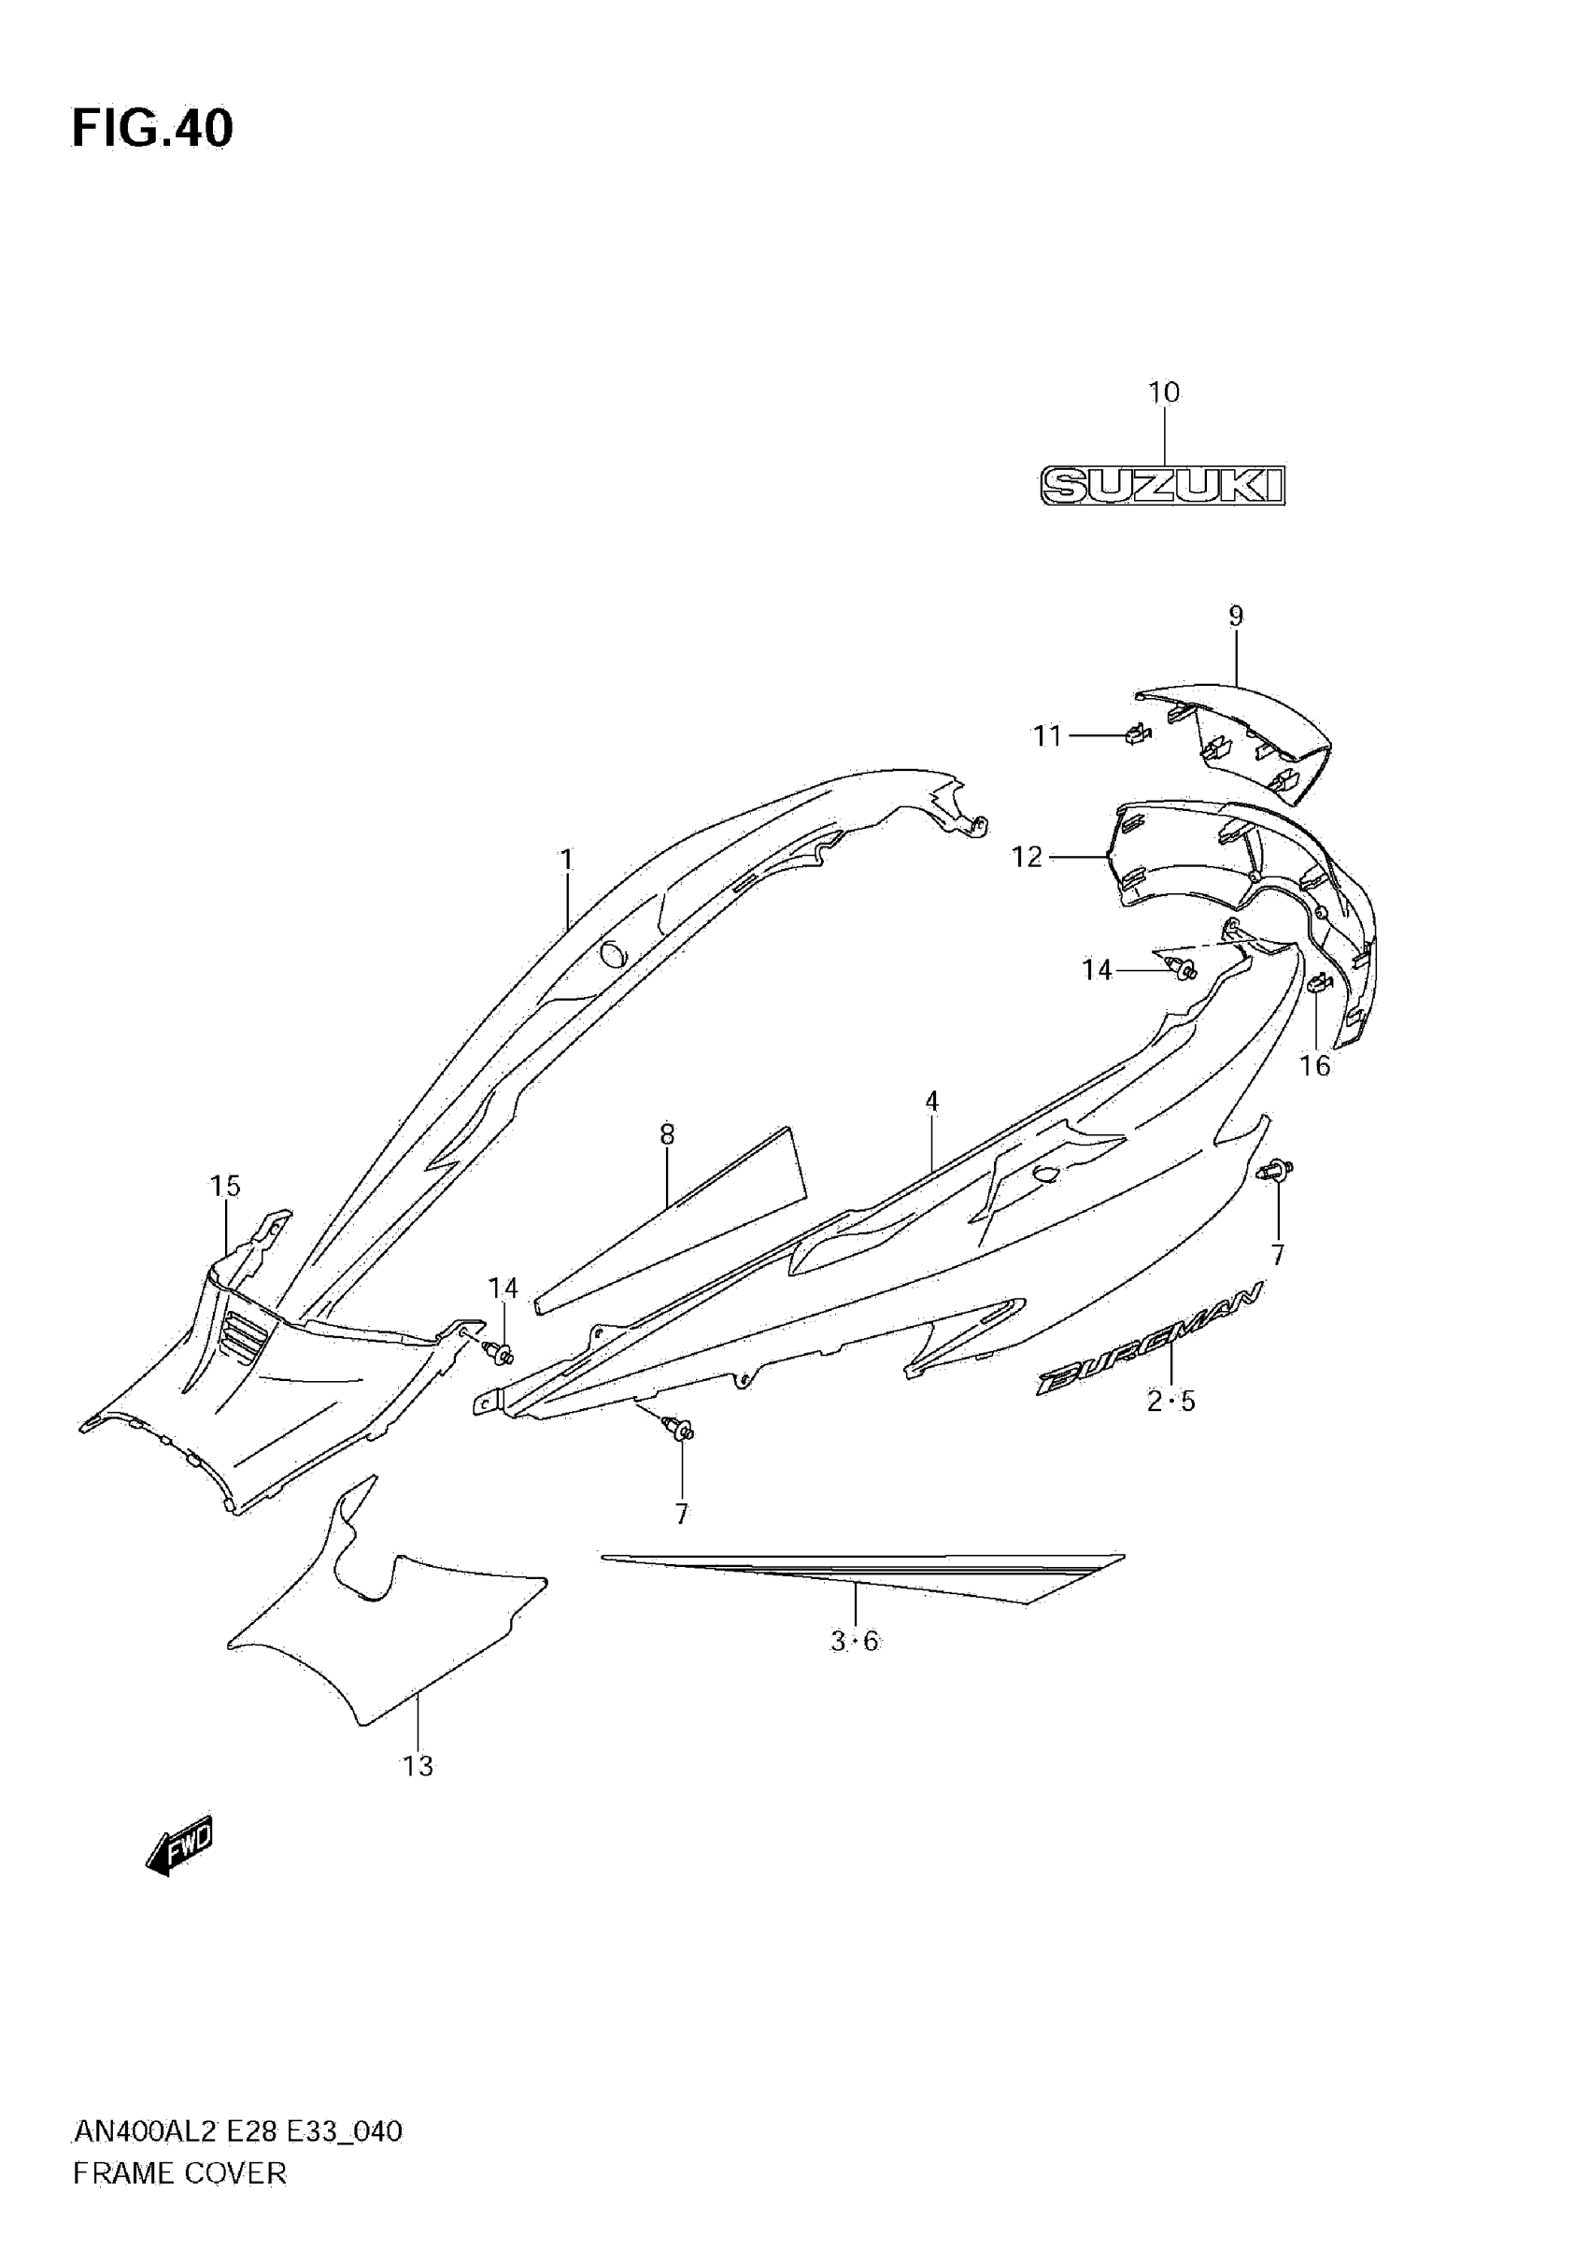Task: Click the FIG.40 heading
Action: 152,128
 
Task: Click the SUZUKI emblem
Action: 1162,485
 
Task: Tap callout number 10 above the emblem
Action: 1164,393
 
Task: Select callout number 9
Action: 1235,617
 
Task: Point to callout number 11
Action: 1047,735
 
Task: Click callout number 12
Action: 1027,858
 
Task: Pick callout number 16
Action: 1314,1065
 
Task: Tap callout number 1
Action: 566,860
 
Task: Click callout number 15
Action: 225,1186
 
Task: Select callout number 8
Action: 667,1133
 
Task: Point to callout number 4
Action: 931,1102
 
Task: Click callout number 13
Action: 418,1766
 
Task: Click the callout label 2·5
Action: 1170,1403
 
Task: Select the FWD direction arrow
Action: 179,1845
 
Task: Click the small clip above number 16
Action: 1318,982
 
